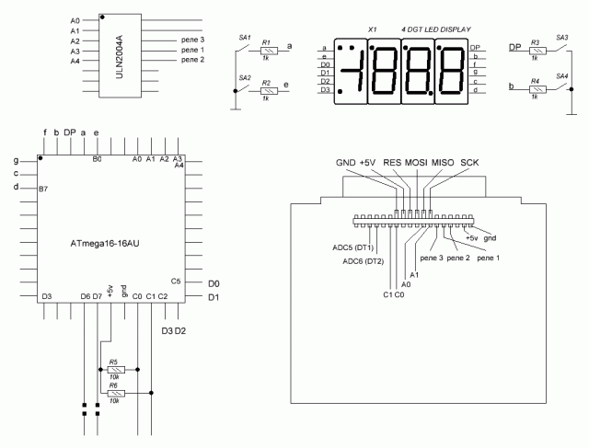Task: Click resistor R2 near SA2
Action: point(266,90)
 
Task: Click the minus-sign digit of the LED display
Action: point(352,70)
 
